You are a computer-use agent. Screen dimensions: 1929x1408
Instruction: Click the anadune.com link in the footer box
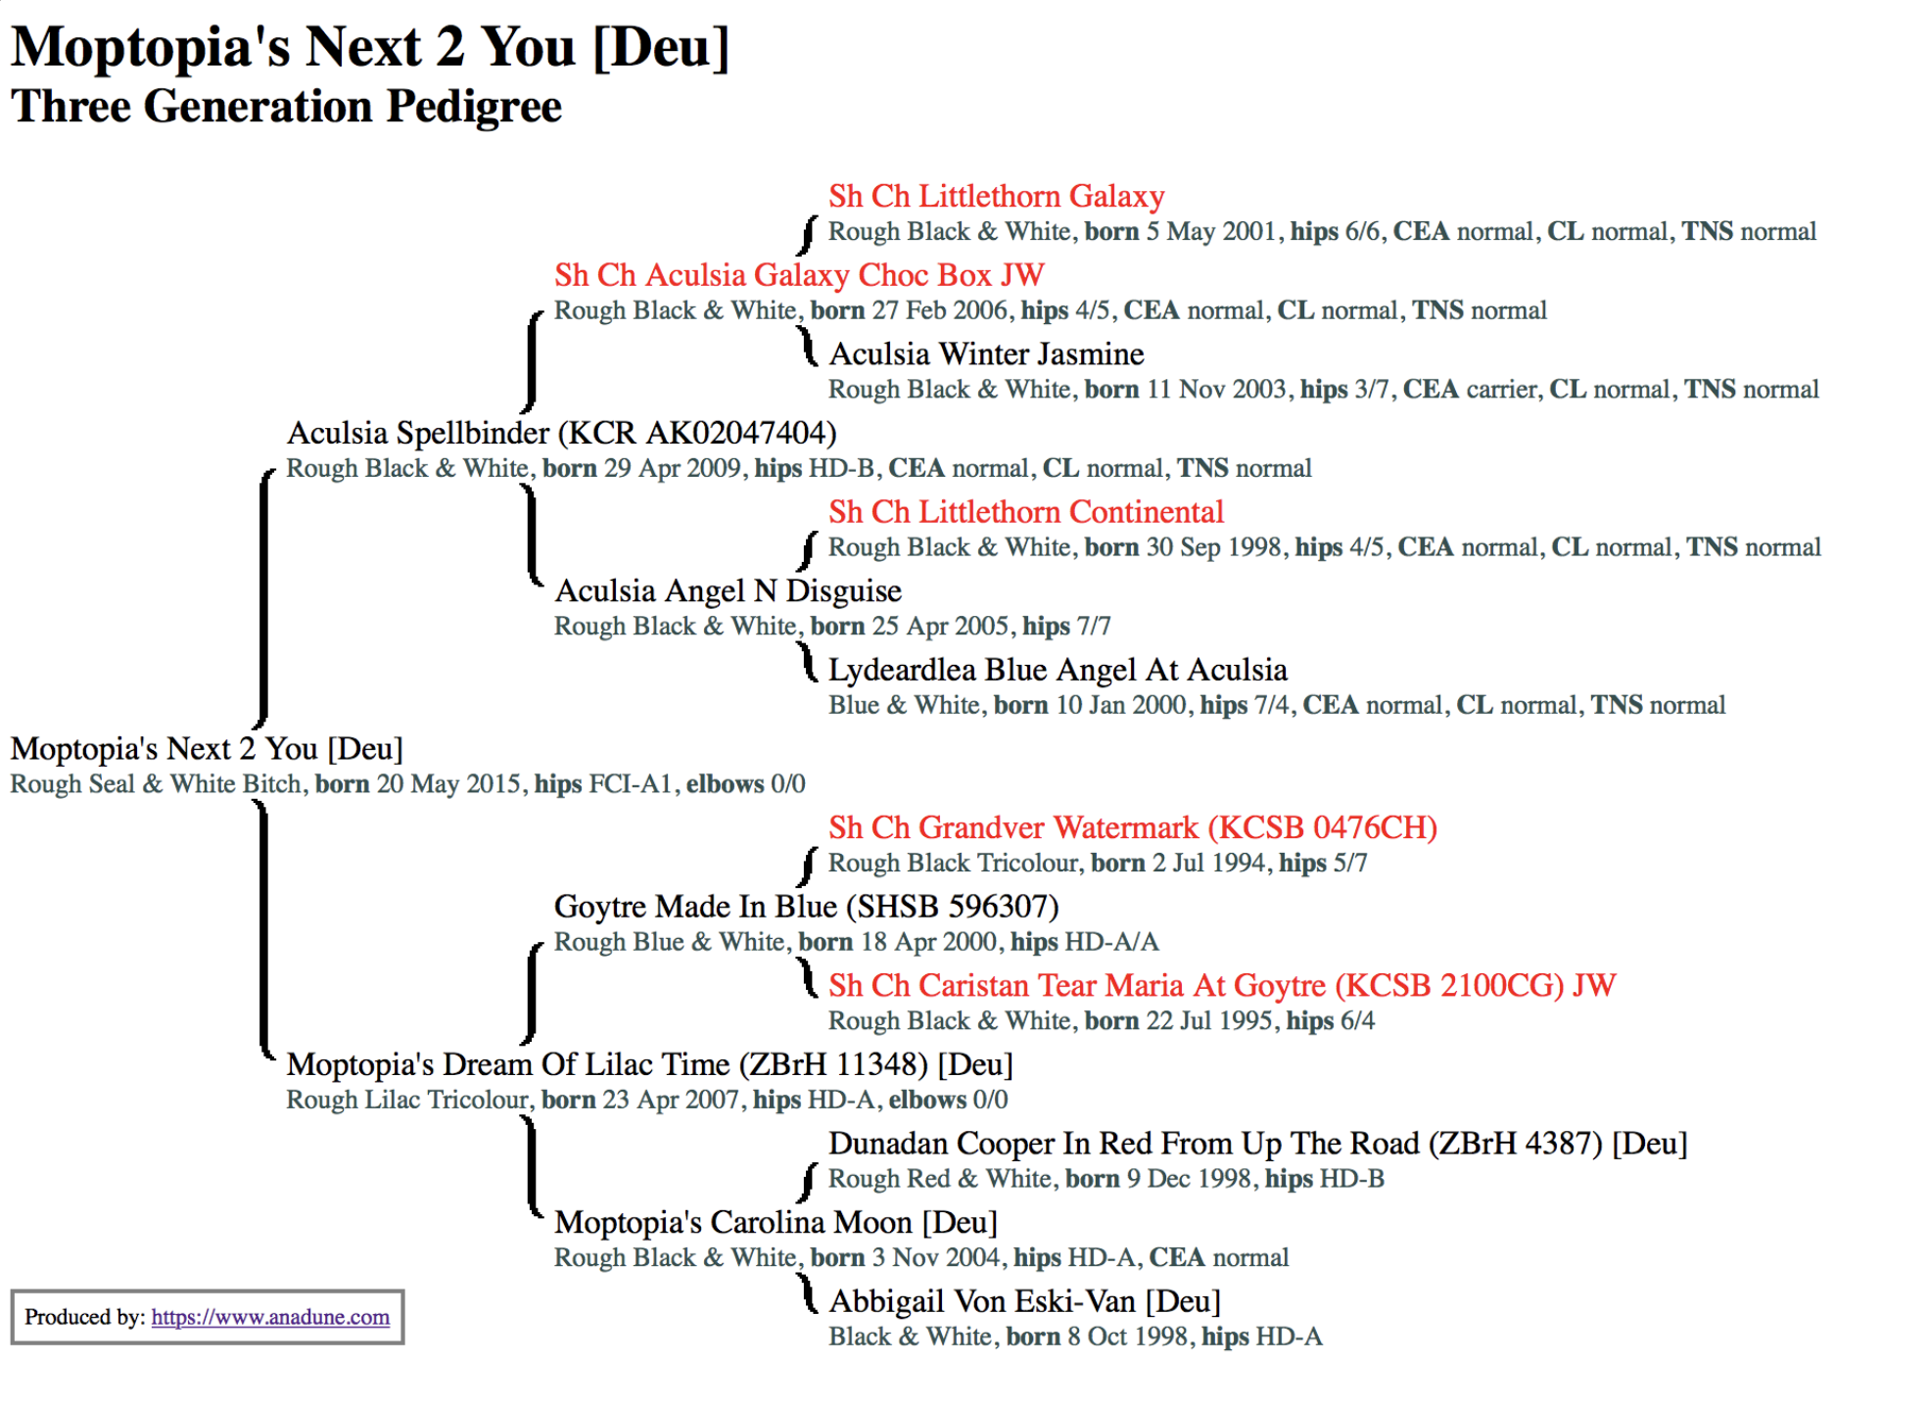coord(270,1317)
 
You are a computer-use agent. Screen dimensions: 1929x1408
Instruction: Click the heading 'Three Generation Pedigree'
coord(286,107)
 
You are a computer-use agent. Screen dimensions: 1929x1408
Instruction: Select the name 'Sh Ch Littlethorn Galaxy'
coord(997,196)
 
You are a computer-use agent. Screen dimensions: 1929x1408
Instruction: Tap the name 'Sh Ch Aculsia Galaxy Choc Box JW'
coord(799,275)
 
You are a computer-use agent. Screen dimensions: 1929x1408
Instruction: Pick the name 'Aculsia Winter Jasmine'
coord(986,353)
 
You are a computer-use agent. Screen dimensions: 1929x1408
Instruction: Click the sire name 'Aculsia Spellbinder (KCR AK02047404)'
coord(561,433)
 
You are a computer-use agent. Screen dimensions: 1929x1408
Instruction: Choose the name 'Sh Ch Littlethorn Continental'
coord(1026,512)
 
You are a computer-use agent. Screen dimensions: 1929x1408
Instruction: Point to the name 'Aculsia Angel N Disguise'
coord(728,590)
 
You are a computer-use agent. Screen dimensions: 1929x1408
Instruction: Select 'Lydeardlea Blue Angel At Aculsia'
coord(1058,670)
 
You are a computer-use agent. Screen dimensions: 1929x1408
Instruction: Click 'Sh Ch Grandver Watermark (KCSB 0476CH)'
coord(1133,827)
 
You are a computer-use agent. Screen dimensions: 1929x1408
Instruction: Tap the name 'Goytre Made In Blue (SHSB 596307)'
coord(807,907)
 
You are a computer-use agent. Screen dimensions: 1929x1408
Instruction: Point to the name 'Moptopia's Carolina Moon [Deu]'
coord(776,1222)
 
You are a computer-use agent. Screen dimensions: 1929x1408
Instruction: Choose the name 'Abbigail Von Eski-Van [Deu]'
coord(1024,1301)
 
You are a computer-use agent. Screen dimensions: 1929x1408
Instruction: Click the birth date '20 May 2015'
coord(448,784)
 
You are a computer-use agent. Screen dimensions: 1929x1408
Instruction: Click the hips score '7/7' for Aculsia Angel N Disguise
coord(1094,627)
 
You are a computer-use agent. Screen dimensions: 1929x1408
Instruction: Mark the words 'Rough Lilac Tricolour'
coord(406,1101)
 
